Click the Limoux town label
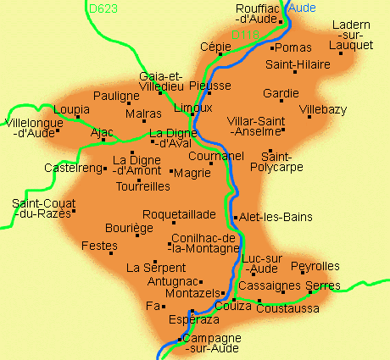tap(192, 108)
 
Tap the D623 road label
tap(103, 9)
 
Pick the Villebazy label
tap(323, 109)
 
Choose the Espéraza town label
tap(195, 321)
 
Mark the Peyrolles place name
tap(315, 267)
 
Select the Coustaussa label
tap(292, 308)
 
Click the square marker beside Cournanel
tap(211, 163)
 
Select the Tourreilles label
tap(142, 186)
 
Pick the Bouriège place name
tap(129, 228)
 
